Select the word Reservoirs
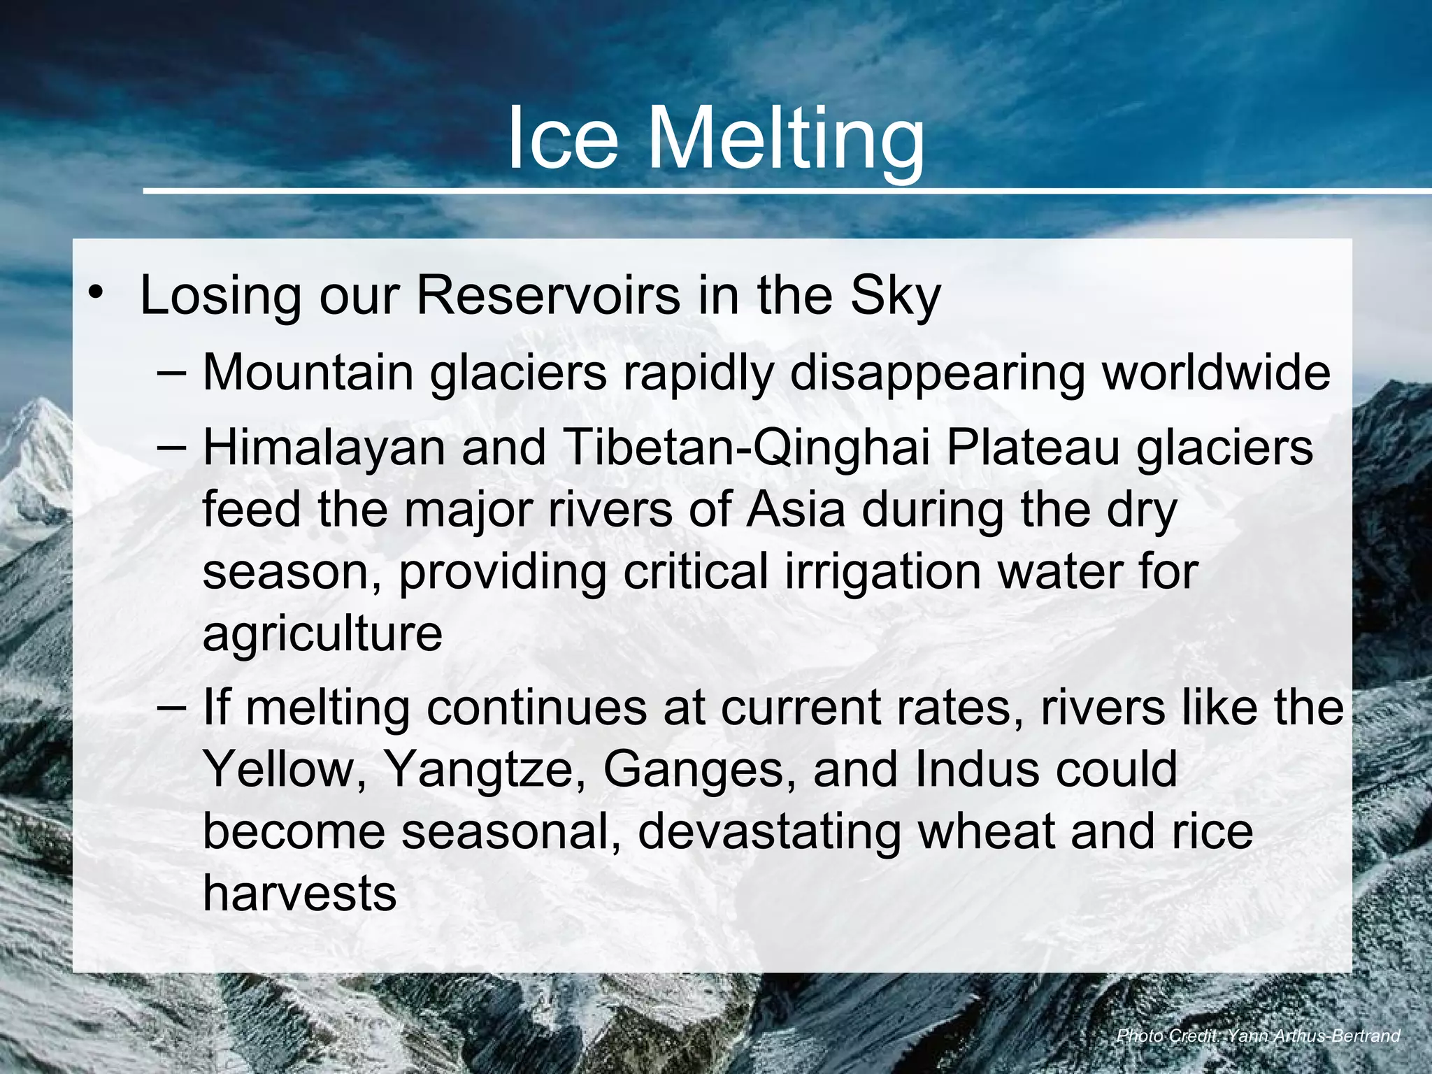pos(547,294)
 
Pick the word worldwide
pos(1216,371)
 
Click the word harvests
pos(299,894)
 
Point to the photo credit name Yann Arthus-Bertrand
pos(1314,1036)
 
